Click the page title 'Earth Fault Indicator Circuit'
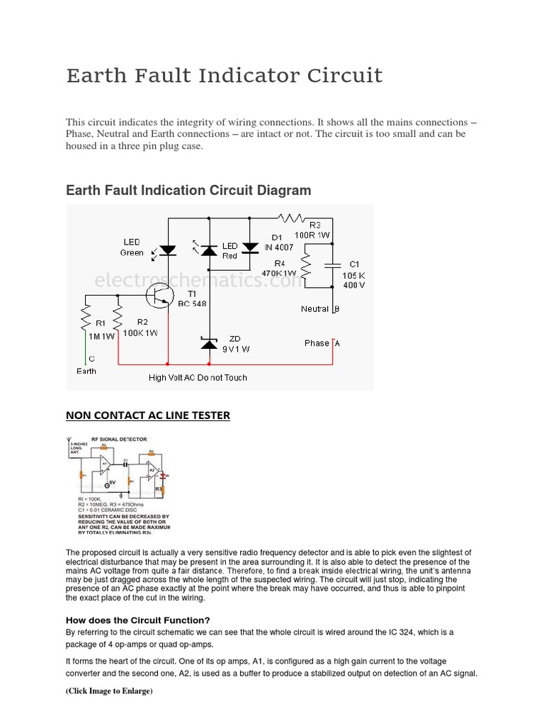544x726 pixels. point(224,75)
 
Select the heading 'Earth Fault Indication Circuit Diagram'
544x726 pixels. point(188,191)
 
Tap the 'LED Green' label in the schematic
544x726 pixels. point(132,247)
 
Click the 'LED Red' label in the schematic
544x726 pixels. point(229,251)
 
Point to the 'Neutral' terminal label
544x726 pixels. point(314,309)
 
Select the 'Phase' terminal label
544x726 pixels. point(317,343)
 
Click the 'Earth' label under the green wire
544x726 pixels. point(86,371)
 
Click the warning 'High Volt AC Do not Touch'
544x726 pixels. point(198,378)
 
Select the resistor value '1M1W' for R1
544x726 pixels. point(100,337)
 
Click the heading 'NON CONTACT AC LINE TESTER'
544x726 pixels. point(147,415)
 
